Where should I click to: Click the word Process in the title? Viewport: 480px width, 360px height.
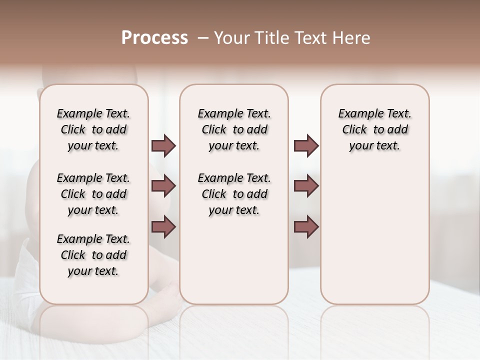pos(154,38)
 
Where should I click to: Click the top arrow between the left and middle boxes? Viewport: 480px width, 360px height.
pos(163,146)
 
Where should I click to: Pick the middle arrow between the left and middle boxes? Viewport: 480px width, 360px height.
pos(163,186)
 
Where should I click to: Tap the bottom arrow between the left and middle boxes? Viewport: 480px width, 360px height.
pos(163,226)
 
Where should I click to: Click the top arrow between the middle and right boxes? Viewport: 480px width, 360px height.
pos(306,146)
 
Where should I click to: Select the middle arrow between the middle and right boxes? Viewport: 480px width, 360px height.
pos(306,186)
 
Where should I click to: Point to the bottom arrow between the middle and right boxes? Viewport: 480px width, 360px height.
pos(306,226)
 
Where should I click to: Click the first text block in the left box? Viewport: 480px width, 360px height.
pos(93,129)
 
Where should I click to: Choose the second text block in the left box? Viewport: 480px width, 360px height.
pos(93,194)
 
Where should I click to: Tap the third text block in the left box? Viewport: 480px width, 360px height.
pos(93,255)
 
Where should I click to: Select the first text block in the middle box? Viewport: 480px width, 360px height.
pos(234,129)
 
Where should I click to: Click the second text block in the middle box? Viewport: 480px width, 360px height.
pos(234,194)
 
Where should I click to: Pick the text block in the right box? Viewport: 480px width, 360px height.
pos(374,129)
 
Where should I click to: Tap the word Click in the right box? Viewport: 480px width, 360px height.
pos(354,130)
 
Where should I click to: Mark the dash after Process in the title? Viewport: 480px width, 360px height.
pos(203,38)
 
